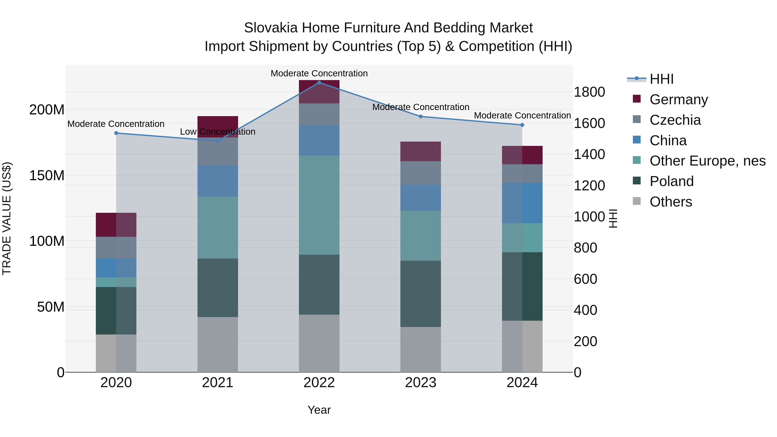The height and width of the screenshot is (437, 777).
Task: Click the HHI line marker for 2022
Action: pyautogui.click(x=319, y=82)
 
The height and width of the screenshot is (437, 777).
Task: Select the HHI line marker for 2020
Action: pyautogui.click(x=116, y=133)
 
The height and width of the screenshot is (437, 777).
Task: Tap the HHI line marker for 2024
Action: pyautogui.click(x=522, y=125)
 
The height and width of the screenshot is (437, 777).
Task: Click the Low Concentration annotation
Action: pyautogui.click(x=218, y=132)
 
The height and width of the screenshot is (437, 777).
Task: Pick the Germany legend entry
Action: pyautogui.click(x=678, y=99)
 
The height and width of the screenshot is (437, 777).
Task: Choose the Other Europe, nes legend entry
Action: pyautogui.click(x=707, y=161)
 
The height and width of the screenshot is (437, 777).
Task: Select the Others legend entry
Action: pyautogui.click(x=671, y=202)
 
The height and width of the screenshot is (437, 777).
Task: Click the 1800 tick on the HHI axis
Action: pyautogui.click(x=589, y=92)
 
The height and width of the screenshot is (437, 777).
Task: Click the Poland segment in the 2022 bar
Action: pyautogui.click(x=319, y=284)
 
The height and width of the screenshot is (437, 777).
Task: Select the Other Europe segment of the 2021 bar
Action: pyautogui.click(x=218, y=227)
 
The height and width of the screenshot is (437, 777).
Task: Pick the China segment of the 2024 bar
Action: pyautogui.click(x=522, y=203)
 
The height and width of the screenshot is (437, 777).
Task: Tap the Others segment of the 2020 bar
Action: pyautogui.click(x=116, y=353)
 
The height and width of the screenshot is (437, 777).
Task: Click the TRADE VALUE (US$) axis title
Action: pyautogui.click(x=7, y=218)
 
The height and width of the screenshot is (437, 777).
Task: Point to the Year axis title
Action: pyautogui.click(x=319, y=410)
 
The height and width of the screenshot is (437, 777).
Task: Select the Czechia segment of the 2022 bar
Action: pyautogui.click(x=319, y=114)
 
